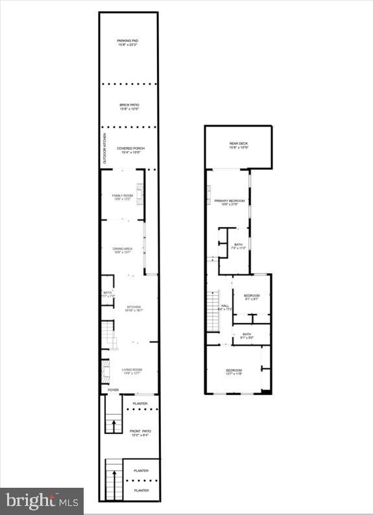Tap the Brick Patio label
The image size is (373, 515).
(129, 107)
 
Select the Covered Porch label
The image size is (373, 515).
(130, 150)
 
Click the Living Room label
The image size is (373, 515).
(132, 372)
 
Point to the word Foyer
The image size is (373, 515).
(114, 390)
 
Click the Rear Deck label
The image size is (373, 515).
(238, 146)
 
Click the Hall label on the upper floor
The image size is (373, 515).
(225, 307)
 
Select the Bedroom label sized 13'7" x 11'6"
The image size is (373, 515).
(234, 372)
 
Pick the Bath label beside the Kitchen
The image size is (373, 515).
(107, 294)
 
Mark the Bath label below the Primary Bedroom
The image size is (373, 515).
(238, 246)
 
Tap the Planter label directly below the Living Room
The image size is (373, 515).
(140, 403)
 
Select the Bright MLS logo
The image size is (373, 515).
(42, 501)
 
